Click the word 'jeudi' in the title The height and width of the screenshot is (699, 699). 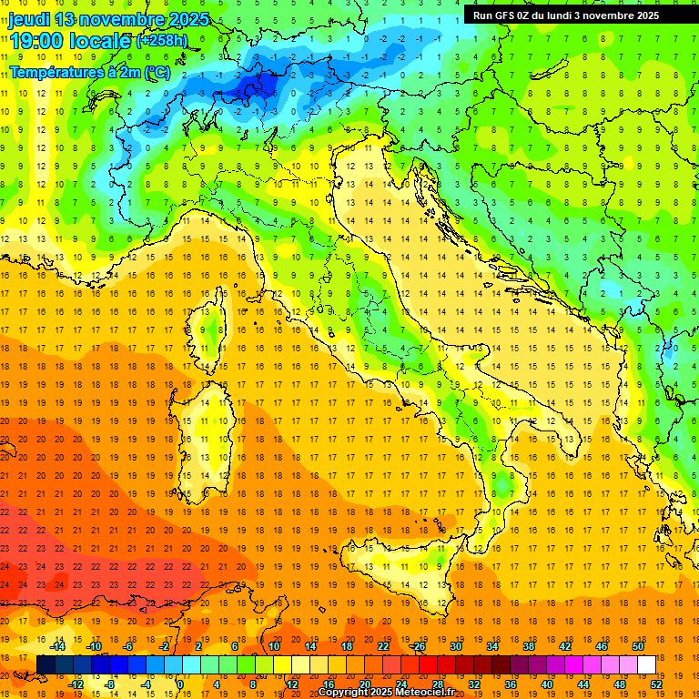[x=30, y=19]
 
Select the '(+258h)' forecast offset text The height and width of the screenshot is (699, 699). [x=163, y=41]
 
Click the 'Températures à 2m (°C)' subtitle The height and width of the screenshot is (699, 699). [x=89, y=71]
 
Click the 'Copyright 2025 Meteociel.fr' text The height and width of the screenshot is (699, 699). [x=386, y=693]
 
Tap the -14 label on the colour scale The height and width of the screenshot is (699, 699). [x=58, y=646]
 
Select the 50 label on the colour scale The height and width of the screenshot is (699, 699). [x=637, y=646]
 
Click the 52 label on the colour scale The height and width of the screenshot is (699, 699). [x=655, y=684]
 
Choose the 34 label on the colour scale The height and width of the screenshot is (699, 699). [x=492, y=646]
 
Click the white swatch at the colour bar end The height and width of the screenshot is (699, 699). [x=646, y=664]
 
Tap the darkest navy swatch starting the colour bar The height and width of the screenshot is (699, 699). [x=46, y=664]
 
